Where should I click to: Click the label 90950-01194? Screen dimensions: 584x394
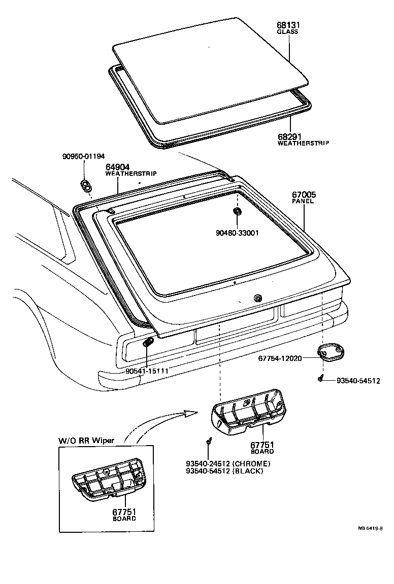(x=83, y=157)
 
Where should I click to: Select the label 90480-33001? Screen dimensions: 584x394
(x=237, y=233)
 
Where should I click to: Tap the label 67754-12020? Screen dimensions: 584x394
(x=280, y=358)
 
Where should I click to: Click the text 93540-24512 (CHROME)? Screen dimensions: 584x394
(x=228, y=463)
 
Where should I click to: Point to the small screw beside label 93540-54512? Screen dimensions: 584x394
(x=320, y=378)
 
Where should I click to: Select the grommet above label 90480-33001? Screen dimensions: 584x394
(x=237, y=211)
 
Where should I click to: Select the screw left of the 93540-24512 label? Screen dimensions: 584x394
(x=209, y=442)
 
